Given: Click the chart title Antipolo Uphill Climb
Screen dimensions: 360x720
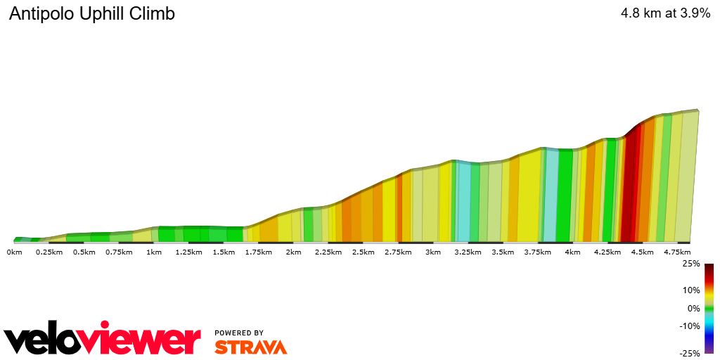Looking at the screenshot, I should [92, 14].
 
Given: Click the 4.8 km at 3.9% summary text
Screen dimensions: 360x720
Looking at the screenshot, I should [665, 13].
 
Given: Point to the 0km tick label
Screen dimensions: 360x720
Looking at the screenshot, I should [14, 252].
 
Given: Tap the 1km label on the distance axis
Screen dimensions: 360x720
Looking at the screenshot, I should [154, 252].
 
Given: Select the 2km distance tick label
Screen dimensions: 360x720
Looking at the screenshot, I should [293, 252].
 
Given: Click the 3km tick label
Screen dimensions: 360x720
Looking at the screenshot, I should [432, 252].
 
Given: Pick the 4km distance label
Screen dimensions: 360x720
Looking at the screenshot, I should [572, 252].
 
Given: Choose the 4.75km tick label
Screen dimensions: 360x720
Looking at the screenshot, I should [676, 252].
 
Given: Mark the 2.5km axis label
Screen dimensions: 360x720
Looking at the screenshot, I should [363, 252].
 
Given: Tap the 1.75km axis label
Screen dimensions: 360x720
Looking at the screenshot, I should [259, 252].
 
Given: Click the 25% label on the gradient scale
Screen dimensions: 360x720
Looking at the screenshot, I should [691, 264].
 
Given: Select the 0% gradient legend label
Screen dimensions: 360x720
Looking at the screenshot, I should [693, 308].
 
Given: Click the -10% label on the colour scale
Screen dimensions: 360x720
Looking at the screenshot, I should [690, 326].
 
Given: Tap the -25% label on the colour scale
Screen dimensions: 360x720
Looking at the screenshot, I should [690, 353].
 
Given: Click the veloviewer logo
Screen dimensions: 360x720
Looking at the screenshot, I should [103, 340].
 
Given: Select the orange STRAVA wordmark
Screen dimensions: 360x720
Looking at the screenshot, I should [250, 347].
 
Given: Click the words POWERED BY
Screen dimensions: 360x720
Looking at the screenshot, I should [239, 333].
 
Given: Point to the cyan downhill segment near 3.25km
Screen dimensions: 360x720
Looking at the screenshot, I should [464, 200].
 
